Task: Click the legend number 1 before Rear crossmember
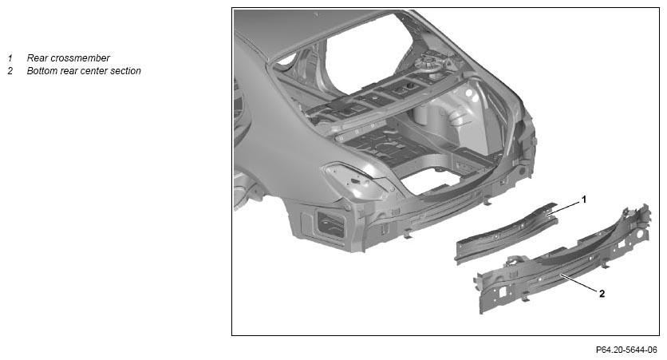click(10, 58)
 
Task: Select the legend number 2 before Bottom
click(10, 70)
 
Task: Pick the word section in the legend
click(125, 70)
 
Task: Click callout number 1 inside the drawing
click(584, 199)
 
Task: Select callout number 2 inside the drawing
click(602, 293)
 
